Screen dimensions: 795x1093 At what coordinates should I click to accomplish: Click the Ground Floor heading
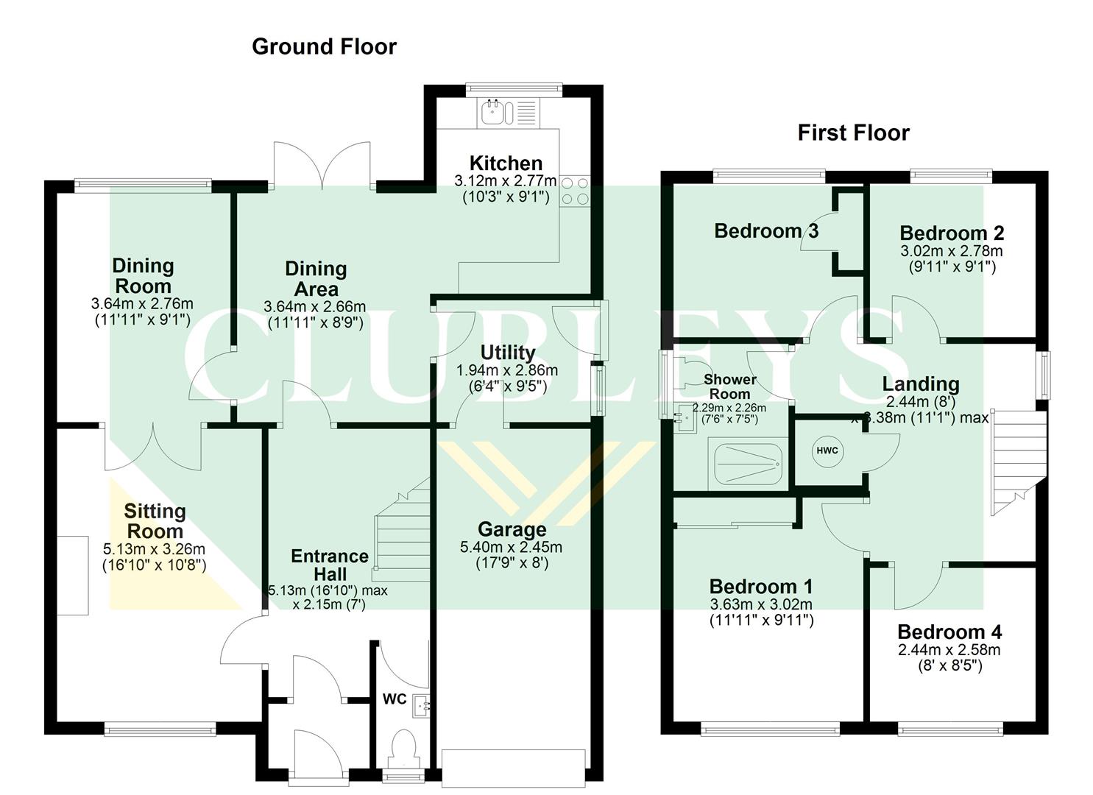(x=324, y=46)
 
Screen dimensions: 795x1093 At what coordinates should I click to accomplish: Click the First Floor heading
(x=853, y=132)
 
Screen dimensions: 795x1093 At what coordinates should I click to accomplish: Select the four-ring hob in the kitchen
(x=575, y=190)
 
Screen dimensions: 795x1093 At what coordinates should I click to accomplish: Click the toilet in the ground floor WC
(x=404, y=746)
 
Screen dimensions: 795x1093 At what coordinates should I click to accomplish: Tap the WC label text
(x=395, y=699)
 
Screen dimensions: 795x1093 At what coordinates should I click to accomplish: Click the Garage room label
(x=512, y=529)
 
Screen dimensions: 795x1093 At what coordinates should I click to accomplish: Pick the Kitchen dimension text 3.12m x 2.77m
(x=506, y=181)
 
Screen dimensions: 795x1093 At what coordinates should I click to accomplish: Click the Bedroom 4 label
(x=949, y=632)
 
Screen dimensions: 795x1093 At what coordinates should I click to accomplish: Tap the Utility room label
(x=507, y=353)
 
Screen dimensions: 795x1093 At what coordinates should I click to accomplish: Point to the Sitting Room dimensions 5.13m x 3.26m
(x=154, y=549)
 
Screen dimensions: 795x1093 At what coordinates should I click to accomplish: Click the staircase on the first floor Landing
(x=1019, y=460)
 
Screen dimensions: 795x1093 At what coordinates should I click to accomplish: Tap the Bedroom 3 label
(x=765, y=231)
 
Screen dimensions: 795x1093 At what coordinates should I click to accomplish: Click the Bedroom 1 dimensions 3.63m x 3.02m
(x=761, y=604)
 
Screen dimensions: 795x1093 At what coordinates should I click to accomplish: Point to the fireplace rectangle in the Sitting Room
(x=73, y=576)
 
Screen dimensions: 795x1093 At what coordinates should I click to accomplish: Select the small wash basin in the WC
(x=420, y=705)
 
